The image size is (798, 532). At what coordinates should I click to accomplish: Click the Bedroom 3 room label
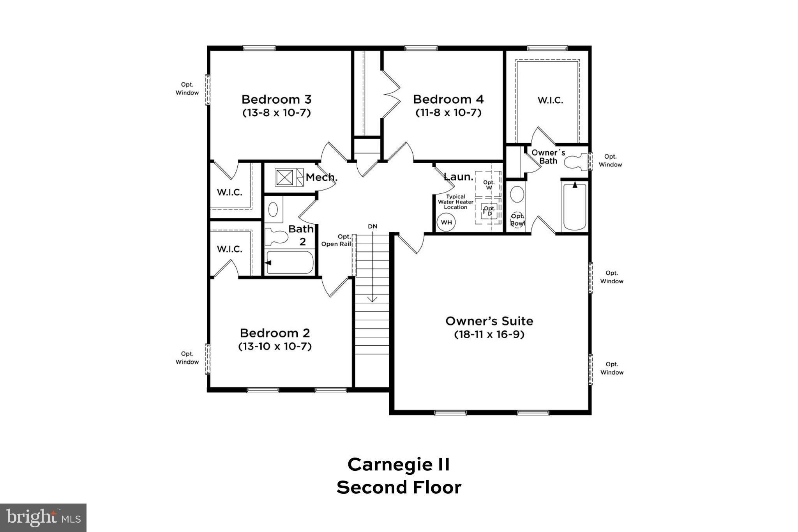point(276,99)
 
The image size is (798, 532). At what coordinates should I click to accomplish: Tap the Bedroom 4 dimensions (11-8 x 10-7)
point(448,113)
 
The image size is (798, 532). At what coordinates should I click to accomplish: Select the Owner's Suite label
point(489,321)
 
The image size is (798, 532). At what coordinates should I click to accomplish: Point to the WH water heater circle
point(446,223)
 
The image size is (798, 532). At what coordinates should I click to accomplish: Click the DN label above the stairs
point(373,226)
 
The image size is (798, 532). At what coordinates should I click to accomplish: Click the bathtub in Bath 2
point(290,263)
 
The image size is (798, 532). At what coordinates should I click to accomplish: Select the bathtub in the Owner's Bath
point(575,207)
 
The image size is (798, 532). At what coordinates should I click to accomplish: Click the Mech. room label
point(321,178)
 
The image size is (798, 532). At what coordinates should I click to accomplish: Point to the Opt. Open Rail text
point(336,240)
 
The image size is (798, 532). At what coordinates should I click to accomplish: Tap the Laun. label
point(459,177)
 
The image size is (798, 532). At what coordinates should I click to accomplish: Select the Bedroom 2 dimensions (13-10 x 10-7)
point(275,346)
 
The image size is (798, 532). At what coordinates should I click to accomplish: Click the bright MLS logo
point(43,518)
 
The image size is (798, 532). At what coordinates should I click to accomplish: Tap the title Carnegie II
point(399,465)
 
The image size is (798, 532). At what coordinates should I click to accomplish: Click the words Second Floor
point(399,488)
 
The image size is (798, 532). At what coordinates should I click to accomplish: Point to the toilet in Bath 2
point(275,236)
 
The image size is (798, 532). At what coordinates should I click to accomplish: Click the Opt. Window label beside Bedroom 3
point(187,88)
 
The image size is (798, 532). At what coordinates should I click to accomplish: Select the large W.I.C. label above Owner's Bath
point(550,101)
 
